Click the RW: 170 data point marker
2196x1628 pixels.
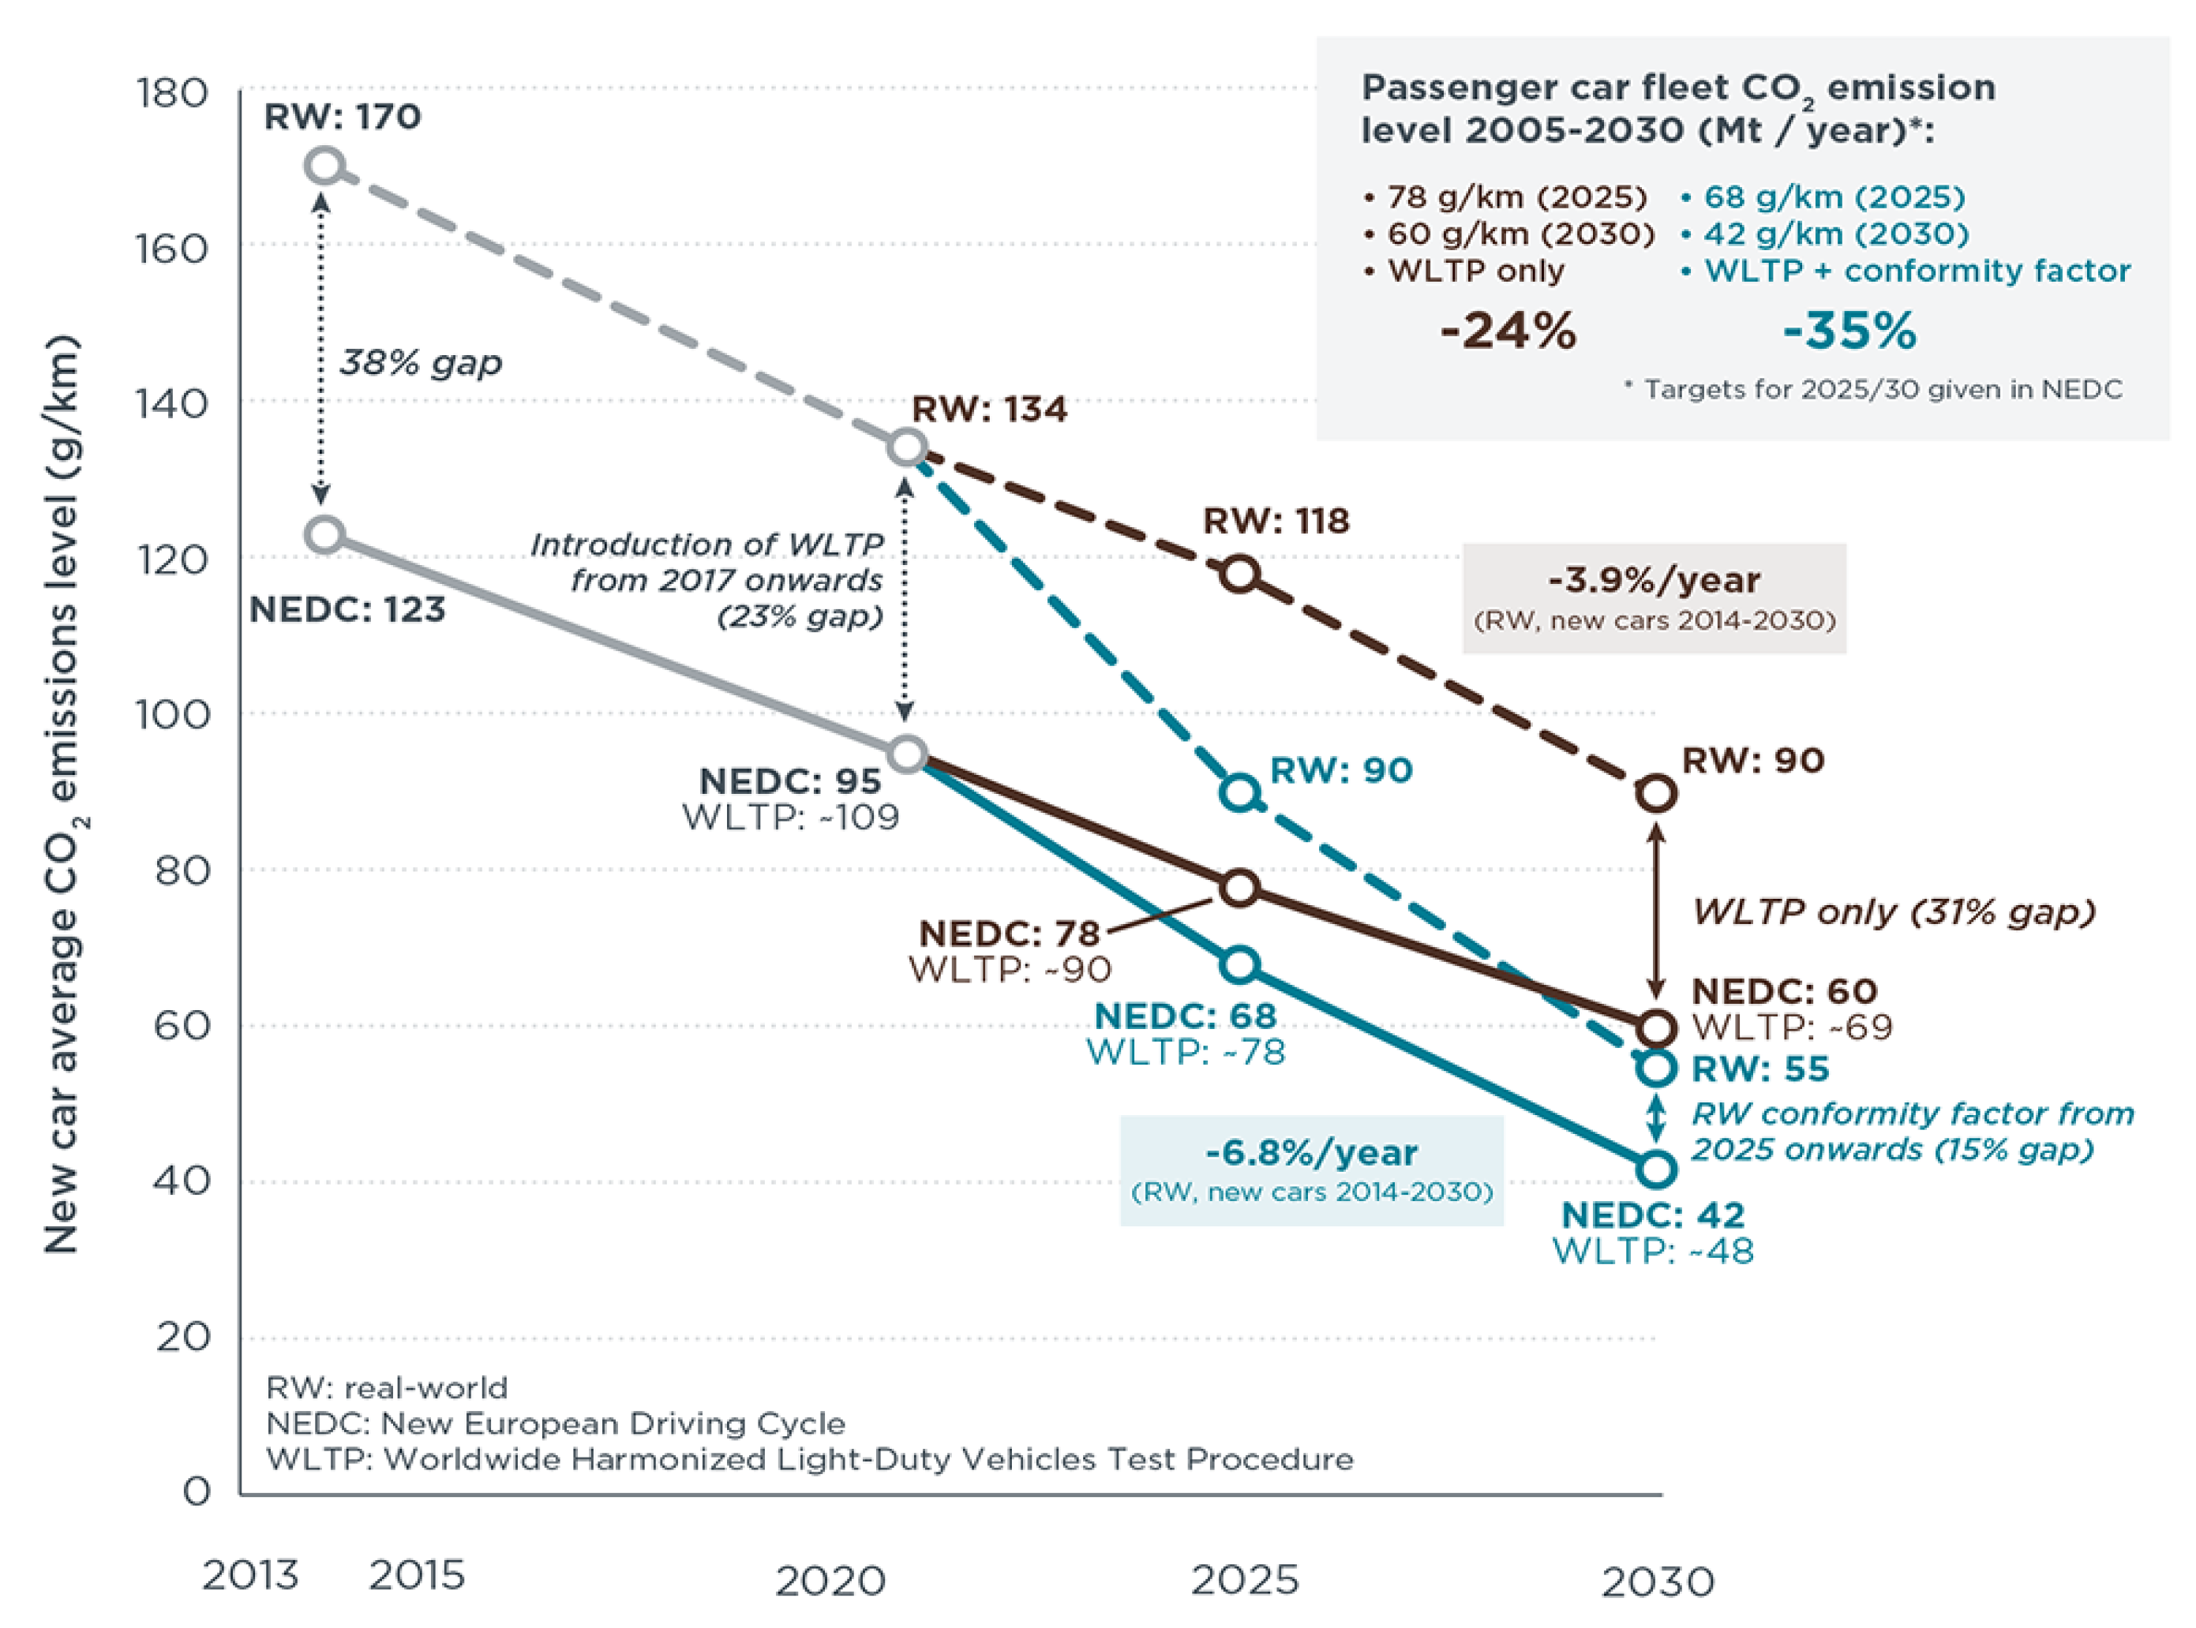pyautogui.click(x=325, y=166)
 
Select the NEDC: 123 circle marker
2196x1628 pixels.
pyautogui.click(x=325, y=535)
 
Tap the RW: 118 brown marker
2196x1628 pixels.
pyautogui.click(x=1240, y=574)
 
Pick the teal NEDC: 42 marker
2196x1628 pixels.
pyautogui.click(x=1657, y=1170)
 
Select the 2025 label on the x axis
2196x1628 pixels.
pyautogui.click(x=1245, y=1581)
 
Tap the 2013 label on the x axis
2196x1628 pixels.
pyautogui.click(x=250, y=1576)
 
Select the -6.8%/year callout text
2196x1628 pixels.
pyautogui.click(x=1312, y=1152)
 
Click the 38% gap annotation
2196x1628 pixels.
pyautogui.click(x=421, y=364)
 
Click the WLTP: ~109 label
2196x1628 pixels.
pyautogui.click(x=790, y=818)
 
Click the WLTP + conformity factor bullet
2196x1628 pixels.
pyautogui.click(x=1906, y=270)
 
